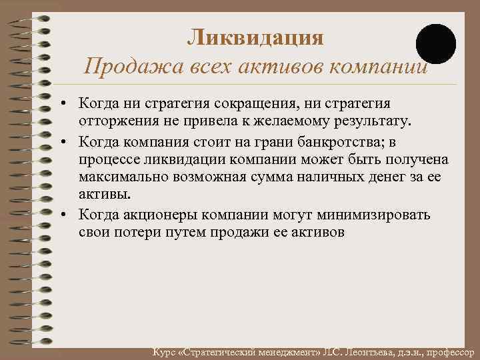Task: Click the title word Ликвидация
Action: pyautogui.click(x=255, y=37)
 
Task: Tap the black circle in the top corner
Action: pyautogui.click(x=436, y=44)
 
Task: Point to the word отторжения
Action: pyautogui.click(x=117, y=122)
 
